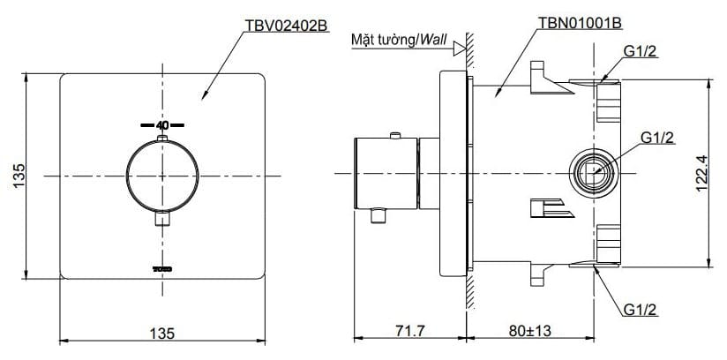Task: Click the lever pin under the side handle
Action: pyautogui.click(x=381, y=215)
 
